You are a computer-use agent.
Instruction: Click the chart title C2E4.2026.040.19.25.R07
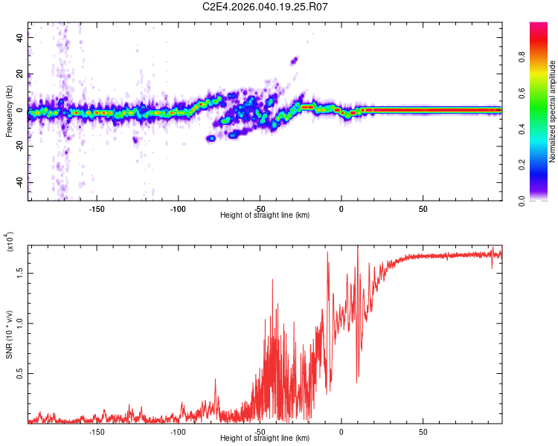tap(266, 7)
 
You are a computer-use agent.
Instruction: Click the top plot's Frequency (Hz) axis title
tap(10, 111)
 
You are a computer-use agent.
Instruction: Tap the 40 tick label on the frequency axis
tap(20, 38)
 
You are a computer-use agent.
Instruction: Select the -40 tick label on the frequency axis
tap(20, 182)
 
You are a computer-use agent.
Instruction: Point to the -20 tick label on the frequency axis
tap(20, 146)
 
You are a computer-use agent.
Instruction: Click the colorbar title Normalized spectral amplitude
tap(553, 111)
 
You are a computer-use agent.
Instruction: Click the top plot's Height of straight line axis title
tap(265, 216)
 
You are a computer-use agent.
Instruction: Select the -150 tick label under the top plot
tap(96, 209)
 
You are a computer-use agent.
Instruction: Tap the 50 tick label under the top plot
tap(423, 209)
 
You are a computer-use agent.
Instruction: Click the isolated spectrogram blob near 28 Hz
tap(295, 60)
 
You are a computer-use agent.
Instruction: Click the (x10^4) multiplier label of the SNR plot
tap(10, 242)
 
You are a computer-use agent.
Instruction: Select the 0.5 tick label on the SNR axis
tap(20, 373)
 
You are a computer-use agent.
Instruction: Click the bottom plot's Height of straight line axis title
tap(265, 439)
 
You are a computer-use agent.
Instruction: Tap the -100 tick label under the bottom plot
tap(178, 432)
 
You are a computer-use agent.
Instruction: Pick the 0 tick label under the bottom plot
tap(341, 432)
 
